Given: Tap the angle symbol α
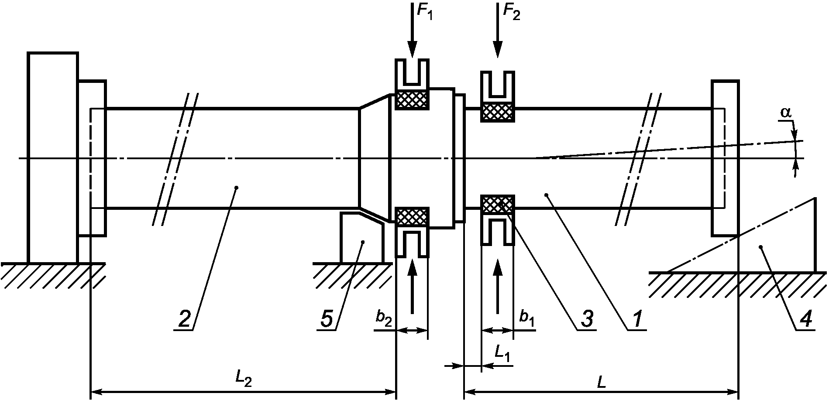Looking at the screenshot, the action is [x=786, y=113].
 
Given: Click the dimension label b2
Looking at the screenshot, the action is [x=384, y=318].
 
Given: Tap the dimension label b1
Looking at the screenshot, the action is [x=526, y=318].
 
